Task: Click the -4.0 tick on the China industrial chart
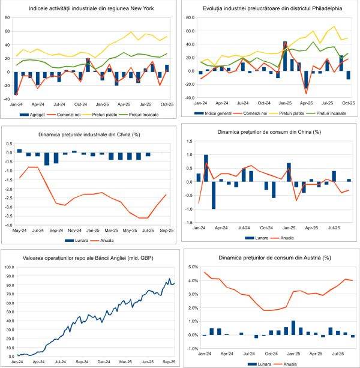(x=9, y=225)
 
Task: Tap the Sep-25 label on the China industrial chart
(x=167, y=231)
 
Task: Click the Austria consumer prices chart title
(x=272, y=258)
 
